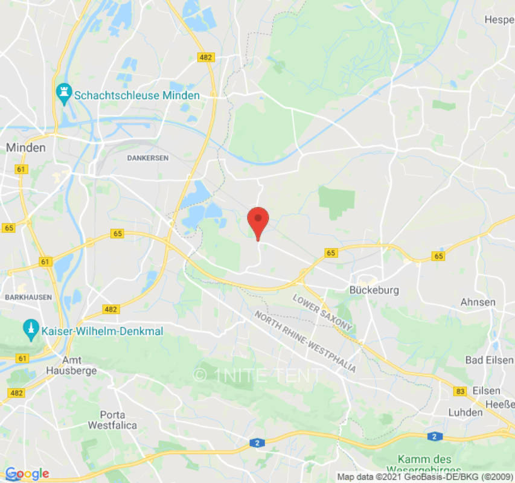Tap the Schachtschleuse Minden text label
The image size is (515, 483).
[136, 95]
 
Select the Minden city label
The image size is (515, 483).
[25, 147]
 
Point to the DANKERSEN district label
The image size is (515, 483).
[148, 158]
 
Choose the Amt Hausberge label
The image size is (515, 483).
[71, 365]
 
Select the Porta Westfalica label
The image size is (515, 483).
[112, 420]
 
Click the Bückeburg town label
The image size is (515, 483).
[374, 290]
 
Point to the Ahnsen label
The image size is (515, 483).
[478, 302]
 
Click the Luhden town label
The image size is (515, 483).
[465, 412]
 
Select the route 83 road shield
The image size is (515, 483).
[461, 392]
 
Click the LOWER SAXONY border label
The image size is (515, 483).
[322, 312]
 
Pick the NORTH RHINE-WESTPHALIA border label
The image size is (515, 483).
[304, 342]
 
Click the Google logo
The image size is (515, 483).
[27, 474]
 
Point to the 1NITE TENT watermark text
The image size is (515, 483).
[257, 376]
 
